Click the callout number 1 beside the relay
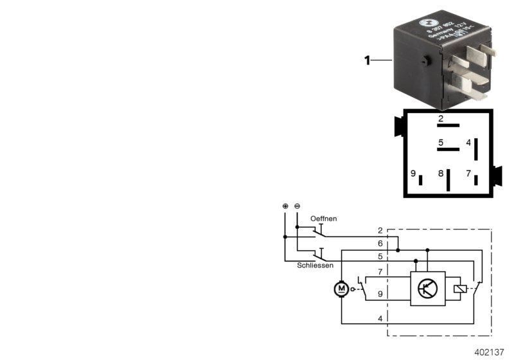point(368,61)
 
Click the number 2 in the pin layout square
point(441,119)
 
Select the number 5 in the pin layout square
point(441,143)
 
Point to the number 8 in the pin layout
point(441,174)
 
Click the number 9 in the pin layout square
point(413,174)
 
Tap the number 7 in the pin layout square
point(468,174)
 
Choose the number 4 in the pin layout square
point(468,143)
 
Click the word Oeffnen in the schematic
point(323,219)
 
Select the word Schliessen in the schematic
point(314,265)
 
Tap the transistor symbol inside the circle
point(426,289)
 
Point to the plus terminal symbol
point(285,206)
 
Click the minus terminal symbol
point(297,206)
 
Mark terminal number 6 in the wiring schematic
point(380,244)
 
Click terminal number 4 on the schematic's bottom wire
point(380,318)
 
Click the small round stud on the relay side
point(427,61)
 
